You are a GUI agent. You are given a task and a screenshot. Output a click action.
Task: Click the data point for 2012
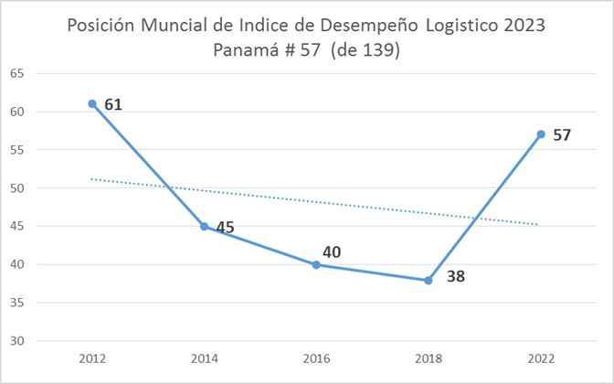pos(92,103)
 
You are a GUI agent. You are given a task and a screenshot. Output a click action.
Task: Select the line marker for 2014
pos(205,226)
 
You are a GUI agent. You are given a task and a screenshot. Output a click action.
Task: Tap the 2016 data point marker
pos(316,264)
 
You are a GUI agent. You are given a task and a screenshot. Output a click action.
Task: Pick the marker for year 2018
pos(428,280)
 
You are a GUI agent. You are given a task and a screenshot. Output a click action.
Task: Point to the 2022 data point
pos(540,134)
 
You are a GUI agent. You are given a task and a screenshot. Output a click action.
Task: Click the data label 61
pos(113,104)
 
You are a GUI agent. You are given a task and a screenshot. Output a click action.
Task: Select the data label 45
pos(226,227)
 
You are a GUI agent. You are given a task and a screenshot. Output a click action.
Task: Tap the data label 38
pos(456,275)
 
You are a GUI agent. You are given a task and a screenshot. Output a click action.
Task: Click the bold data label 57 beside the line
pos(562,135)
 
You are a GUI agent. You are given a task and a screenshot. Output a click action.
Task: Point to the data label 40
pos(332,251)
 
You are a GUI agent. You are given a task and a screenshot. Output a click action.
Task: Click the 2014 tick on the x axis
pos(205,357)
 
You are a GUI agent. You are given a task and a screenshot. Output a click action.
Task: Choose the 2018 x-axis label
pos(428,357)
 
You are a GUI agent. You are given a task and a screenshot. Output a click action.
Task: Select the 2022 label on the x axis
pos(540,357)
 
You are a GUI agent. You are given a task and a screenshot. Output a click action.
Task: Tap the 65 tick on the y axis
pos(17,73)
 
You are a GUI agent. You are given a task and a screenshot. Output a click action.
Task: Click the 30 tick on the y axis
pos(17,341)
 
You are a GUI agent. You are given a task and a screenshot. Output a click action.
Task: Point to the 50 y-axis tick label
pos(17,188)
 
